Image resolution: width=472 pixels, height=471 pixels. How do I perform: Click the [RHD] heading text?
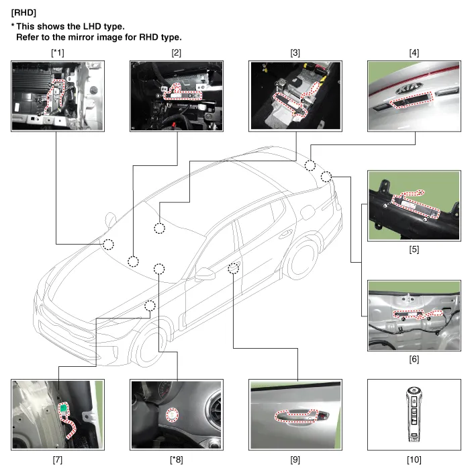coord(24,12)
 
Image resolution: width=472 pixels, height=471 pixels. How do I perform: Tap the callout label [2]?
coord(177,52)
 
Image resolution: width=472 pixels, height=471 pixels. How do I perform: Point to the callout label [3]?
coord(295,52)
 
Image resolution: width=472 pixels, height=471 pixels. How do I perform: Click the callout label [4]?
coord(414,52)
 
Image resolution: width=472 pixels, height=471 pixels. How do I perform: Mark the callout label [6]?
coord(414,359)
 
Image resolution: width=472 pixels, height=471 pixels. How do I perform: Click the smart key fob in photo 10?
coord(414,413)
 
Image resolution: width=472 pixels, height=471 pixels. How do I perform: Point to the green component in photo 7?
coord(64,407)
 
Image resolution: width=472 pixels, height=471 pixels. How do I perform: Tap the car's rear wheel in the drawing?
coord(301,259)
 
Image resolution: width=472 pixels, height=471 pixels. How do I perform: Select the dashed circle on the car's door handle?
coord(234,269)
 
